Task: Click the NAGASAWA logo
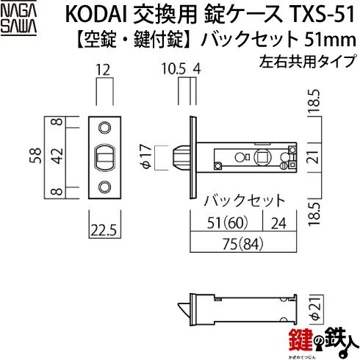click(x=18, y=20)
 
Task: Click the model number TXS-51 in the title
click(x=321, y=14)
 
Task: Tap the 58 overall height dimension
click(x=35, y=156)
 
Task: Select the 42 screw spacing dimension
click(x=57, y=156)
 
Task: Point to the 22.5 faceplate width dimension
click(x=104, y=230)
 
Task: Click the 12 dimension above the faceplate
click(x=103, y=70)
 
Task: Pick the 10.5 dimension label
click(x=173, y=69)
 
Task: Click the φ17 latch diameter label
click(x=147, y=156)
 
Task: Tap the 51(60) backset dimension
click(x=228, y=223)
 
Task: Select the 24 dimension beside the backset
click(x=278, y=223)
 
